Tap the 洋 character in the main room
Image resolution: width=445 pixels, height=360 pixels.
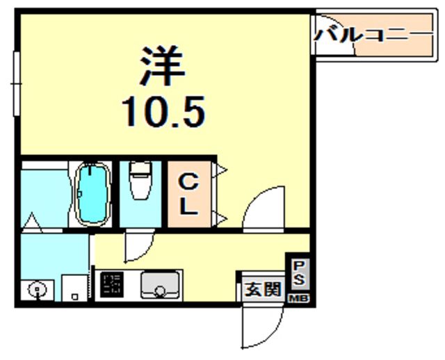point(165,65)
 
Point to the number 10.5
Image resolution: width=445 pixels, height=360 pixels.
point(164,111)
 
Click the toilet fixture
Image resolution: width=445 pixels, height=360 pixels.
point(140,183)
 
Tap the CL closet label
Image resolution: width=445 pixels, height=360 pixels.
point(190,194)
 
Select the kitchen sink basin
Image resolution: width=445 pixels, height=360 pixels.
point(161,285)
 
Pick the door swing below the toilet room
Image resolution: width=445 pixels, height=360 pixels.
point(138,247)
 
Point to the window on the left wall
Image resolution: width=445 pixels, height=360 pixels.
point(16,83)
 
